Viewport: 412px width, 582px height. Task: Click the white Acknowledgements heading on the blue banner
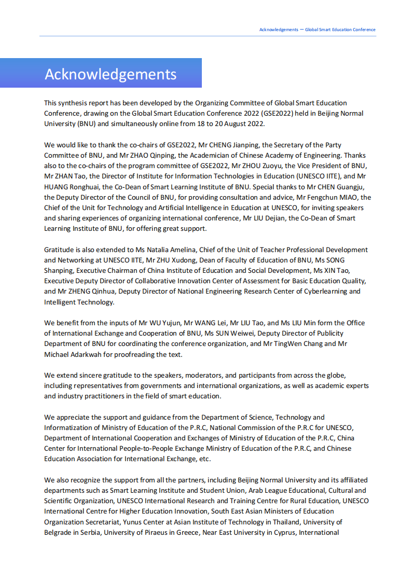pos(111,74)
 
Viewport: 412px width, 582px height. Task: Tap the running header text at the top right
pos(317,30)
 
